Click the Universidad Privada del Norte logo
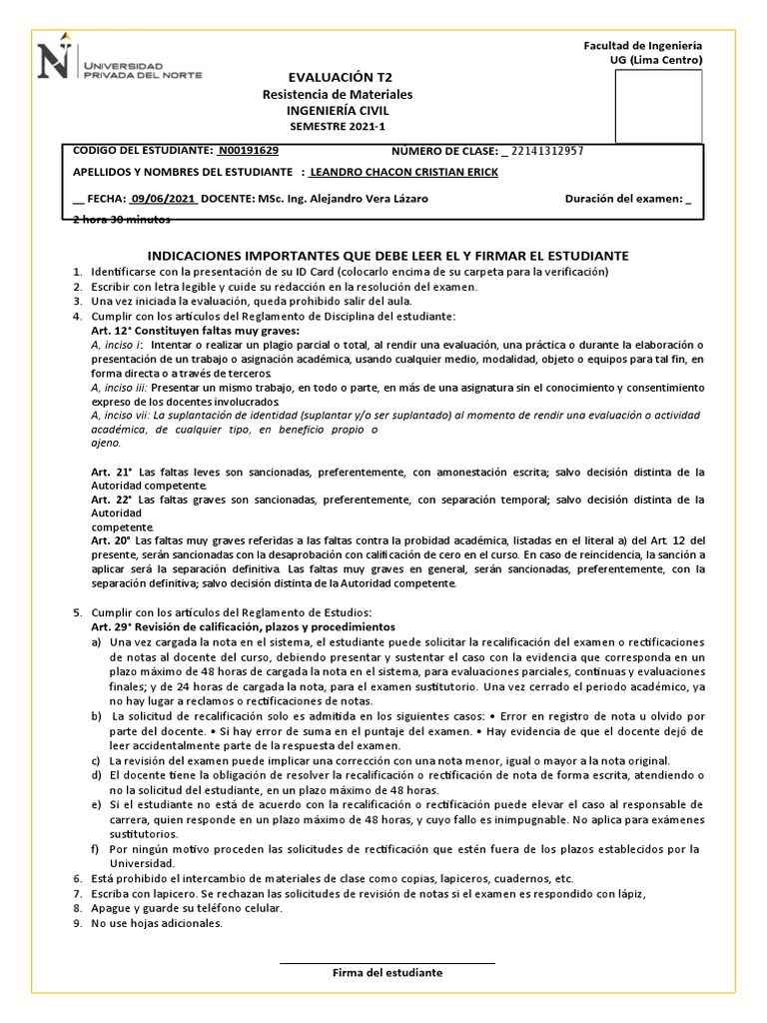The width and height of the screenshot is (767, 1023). (x=119, y=62)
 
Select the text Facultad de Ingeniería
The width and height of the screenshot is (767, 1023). (x=642, y=46)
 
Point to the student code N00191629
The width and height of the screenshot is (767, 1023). (x=249, y=151)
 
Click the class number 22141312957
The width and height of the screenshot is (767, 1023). (x=548, y=151)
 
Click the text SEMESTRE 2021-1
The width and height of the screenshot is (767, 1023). (x=337, y=127)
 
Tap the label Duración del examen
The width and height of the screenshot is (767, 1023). (x=624, y=199)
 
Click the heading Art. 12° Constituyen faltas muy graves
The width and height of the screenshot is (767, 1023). (x=195, y=331)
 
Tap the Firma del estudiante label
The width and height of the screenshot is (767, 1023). (x=387, y=973)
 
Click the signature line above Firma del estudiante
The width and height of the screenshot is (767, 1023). (x=387, y=963)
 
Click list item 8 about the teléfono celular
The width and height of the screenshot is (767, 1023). (x=186, y=908)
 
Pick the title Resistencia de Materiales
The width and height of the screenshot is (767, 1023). (x=337, y=94)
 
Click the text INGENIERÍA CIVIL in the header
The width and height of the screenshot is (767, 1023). (x=337, y=111)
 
